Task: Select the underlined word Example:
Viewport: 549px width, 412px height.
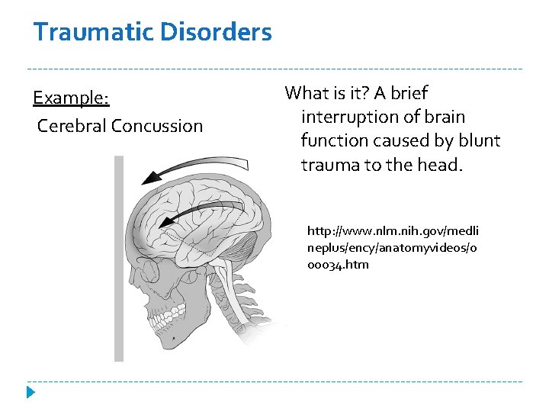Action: click(72, 98)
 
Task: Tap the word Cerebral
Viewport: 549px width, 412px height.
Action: click(72, 126)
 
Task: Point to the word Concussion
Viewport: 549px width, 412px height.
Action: click(157, 126)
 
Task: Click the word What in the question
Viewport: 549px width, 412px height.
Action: click(307, 93)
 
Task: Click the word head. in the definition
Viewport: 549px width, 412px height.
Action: click(437, 165)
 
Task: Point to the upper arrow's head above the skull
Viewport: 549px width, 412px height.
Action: click(152, 177)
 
